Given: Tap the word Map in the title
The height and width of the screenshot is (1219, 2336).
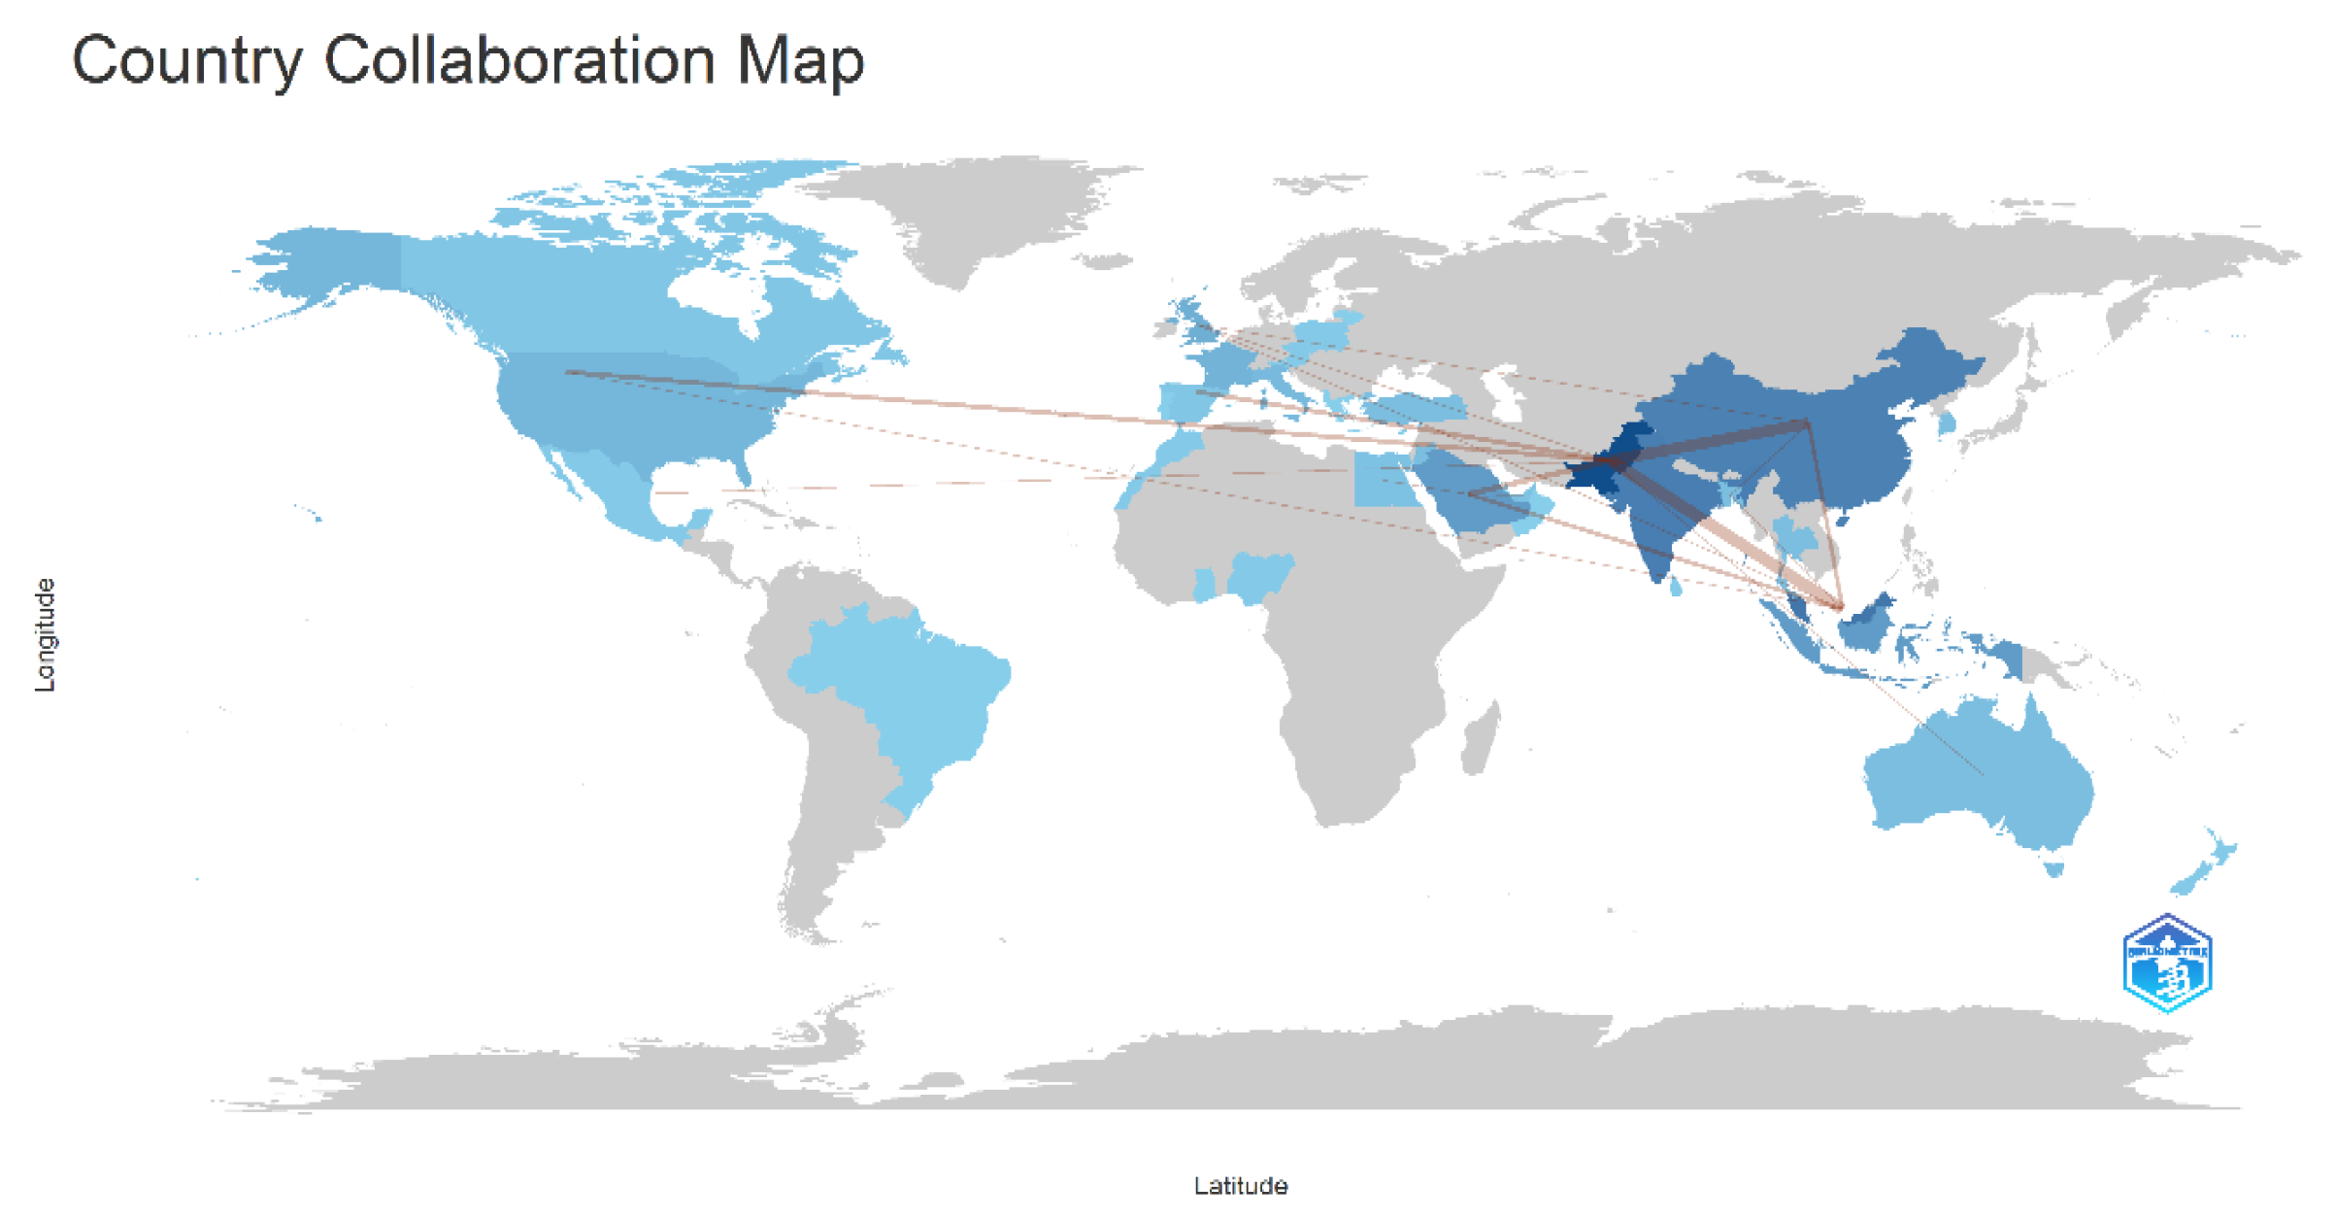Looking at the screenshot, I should pyautogui.click(x=800, y=60).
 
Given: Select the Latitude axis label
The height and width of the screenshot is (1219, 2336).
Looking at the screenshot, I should pyautogui.click(x=1240, y=1185).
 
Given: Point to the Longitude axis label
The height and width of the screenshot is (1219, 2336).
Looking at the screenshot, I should pyautogui.click(x=45, y=634).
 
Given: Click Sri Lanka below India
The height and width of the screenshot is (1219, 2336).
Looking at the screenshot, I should pyautogui.click(x=1676, y=586).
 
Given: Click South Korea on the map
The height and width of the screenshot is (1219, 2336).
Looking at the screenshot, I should pyautogui.click(x=1947, y=422).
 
